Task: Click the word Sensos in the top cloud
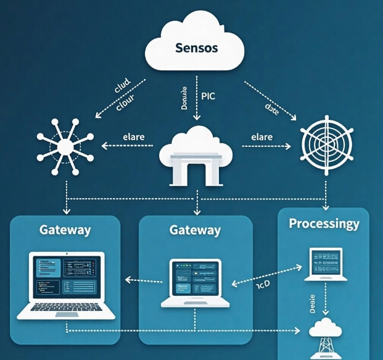pyautogui.click(x=196, y=48)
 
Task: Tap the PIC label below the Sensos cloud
pyautogui.click(x=208, y=96)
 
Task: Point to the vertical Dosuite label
pyautogui.click(x=183, y=99)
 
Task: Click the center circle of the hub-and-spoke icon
pyautogui.click(x=65, y=146)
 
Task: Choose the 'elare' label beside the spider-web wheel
pyautogui.click(x=262, y=136)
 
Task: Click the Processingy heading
pyautogui.click(x=324, y=224)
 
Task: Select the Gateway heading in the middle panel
pyautogui.click(x=195, y=230)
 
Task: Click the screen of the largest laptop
pyautogui.click(x=65, y=277)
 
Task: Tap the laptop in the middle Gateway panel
pyautogui.click(x=195, y=282)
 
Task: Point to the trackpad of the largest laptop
pyautogui.click(x=65, y=314)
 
